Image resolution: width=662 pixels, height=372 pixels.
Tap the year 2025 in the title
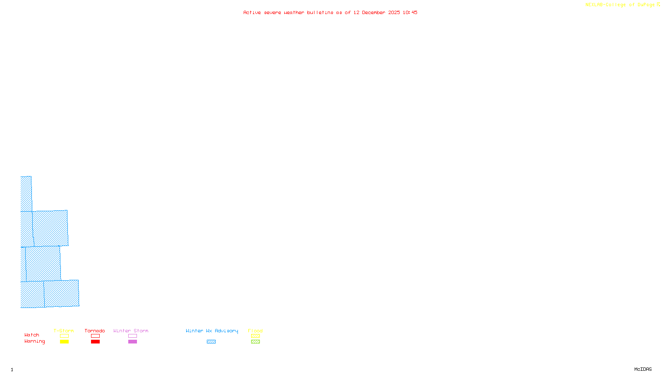tap(394, 12)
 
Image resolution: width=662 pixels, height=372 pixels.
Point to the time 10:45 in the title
tap(410, 12)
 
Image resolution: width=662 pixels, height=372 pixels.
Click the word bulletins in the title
tap(320, 12)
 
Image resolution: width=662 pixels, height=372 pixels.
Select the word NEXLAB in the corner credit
tap(594, 5)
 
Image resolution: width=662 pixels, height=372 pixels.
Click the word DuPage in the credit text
tap(646, 5)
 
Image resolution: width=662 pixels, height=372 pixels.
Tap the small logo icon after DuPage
tap(658, 5)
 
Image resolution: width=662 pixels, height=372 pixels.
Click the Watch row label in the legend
tap(31, 335)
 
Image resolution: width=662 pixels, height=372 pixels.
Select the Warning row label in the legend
tap(34, 341)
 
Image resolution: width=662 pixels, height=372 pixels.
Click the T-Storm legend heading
tap(64, 331)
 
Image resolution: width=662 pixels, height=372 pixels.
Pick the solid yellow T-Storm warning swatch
tap(64, 342)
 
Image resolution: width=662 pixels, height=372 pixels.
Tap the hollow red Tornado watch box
tap(95, 336)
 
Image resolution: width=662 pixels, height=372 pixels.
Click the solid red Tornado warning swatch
tap(95, 342)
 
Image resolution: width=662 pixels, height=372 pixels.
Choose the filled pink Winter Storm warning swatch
tap(132, 342)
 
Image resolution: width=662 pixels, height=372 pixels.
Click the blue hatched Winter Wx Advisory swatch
tap(211, 342)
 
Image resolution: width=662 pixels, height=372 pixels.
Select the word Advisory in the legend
tap(226, 331)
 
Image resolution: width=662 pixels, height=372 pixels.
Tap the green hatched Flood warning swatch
tap(255, 342)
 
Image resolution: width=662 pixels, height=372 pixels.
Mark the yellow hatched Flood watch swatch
tap(255, 336)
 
